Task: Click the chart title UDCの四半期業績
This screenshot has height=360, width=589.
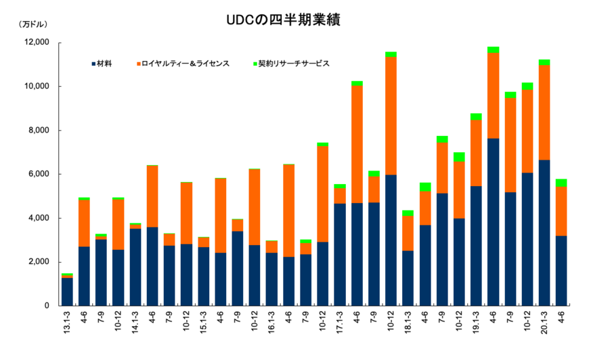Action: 283,20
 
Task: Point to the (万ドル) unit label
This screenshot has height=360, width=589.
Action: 32,24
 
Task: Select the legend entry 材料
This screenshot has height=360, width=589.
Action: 104,64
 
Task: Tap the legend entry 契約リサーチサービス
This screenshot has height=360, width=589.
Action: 293,64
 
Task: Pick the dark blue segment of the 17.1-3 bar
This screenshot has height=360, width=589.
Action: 339,254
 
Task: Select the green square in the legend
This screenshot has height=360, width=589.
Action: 255,64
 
